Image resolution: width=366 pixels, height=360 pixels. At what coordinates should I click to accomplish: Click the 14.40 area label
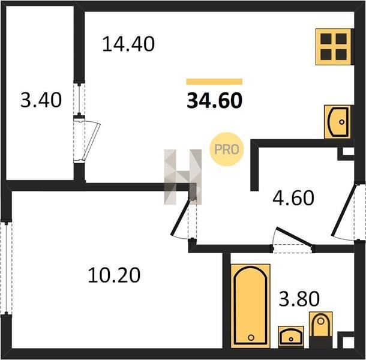pyautogui.click(x=128, y=44)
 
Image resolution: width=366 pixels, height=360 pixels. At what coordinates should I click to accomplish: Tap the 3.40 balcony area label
pyautogui.click(x=41, y=100)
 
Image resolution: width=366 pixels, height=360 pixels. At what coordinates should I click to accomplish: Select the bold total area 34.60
pyautogui.click(x=215, y=101)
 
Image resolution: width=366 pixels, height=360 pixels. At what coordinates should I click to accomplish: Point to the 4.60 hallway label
pyautogui.click(x=293, y=198)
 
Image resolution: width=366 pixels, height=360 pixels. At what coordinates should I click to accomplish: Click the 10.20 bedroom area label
pyautogui.click(x=114, y=275)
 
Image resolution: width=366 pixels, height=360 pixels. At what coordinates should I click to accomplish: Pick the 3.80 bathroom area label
pyautogui.click(x=299, y=299)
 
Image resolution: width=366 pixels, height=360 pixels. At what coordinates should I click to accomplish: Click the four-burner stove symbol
pyautogui.click(x=334, y=47)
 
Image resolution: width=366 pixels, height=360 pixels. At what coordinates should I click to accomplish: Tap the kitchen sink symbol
pyautogui.click(x=337, y=122)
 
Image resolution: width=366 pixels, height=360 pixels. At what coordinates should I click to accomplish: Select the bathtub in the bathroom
pyautogui.click(x=250, y=306)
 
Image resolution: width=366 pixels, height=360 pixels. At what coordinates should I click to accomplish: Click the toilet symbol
pyautogui.click(x=321, y=329)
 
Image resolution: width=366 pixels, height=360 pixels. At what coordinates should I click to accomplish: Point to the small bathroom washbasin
pyautogui.click(x=291, y=337)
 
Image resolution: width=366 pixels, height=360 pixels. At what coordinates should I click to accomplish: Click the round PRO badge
pyautogui.click(x=226, y=149)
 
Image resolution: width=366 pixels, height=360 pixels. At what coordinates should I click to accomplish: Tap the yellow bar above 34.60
pyautogui.click(x=214, y=82)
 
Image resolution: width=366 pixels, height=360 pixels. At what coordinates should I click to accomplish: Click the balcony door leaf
pyautogui.click(x=91, y=142)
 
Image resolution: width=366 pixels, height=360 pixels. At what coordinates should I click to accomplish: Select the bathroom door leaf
pyautogui.click(x=295, y=236)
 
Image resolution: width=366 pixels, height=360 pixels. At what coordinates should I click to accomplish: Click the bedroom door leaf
pyautogui.click(x=180, y=216)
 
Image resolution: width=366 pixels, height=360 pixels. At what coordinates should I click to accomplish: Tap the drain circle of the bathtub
pyautogui.click(x=251, y=337)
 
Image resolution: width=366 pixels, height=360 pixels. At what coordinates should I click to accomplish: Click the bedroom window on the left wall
pyautogui.click(x=7, y=268)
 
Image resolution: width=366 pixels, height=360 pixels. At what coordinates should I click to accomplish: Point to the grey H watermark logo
pyautogui.click(x=183, y=177)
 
